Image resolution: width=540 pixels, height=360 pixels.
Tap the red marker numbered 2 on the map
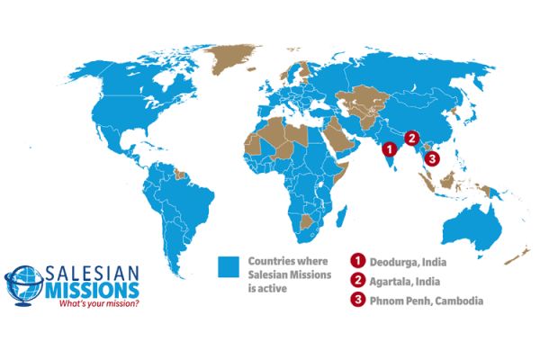click(412, 139)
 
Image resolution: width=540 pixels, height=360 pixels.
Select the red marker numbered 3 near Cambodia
click(433, 158)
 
